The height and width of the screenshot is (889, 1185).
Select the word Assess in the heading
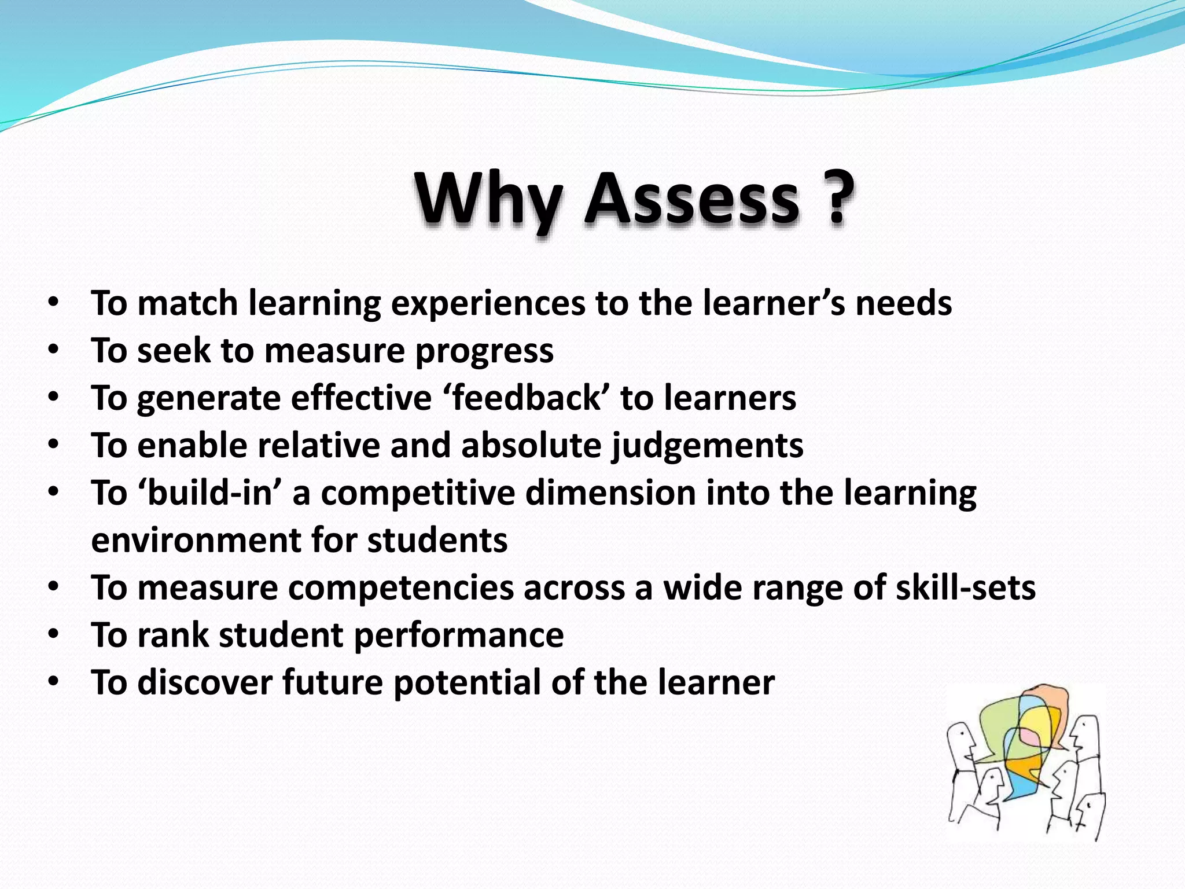click(692, 200)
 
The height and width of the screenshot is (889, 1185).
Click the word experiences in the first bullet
click(488, 303)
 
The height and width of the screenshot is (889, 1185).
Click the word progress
click(484, 351)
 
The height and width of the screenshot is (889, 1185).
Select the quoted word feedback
click(527, 398)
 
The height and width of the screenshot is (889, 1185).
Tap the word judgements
click(708, 446)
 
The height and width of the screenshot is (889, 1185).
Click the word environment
click(196, 541)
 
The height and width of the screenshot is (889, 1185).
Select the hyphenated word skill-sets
click(965, 588)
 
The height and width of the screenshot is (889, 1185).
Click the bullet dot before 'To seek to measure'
click(54, 350)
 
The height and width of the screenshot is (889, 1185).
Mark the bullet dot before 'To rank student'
click(54, 634)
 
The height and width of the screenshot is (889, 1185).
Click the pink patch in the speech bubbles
click(1030, 737)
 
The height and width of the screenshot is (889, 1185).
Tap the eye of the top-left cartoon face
click(962, 733)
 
